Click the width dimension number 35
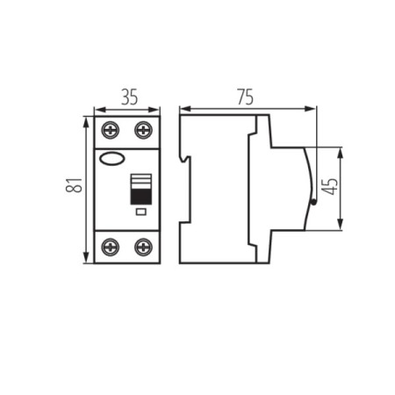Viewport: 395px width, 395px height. (128, 97)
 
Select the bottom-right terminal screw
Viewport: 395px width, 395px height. (142, 247)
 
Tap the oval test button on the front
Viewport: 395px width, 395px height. (113, 159)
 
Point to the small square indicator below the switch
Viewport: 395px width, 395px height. (140, 212)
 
